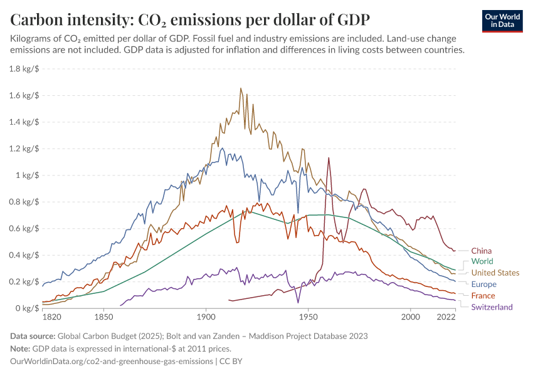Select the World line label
pyautogui.click(x=482, y=261)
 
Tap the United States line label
pyautogui.click(x=495, y=273)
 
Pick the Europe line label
pyautogui.click(x=483, y=285)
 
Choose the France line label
pyautogui.click(x=483, y=296)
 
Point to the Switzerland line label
pyautogui.click(x=492, y=307)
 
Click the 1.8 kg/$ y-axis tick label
pyautogui.click(x=24, y=69)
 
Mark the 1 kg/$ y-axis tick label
pyautogui.click(x=28, y=175)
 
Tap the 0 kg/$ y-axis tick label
pyautogui.click(x=28, y=308)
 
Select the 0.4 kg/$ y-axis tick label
pyautogui.click(x=24, y=255)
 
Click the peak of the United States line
pyautogui.click(x=241, y=88)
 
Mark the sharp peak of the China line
pyautogui.click(x=328, y=158)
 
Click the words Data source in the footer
pyautogui.click(x=35, y=336)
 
